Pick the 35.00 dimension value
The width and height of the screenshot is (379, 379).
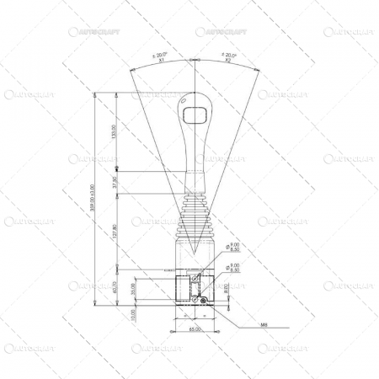point(132,288)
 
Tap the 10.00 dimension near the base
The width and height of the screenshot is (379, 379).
point(132,313)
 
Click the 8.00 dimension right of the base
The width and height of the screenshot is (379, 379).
point(226,289)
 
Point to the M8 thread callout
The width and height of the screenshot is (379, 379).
point(264,323)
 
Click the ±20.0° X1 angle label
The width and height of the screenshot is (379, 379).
point(159,57)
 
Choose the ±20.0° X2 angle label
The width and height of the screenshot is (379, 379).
point(227,57)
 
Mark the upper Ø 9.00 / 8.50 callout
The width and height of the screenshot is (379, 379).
point(233,247)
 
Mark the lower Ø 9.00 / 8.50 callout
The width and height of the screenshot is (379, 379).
point(233,268)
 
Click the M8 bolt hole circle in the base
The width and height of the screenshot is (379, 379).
point(202,301)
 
